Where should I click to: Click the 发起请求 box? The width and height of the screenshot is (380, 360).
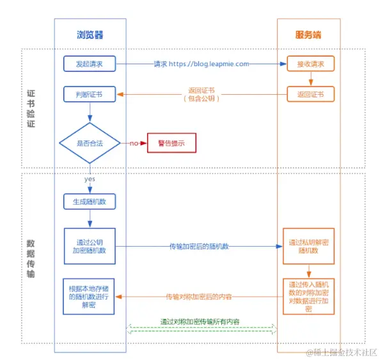coord(90,64)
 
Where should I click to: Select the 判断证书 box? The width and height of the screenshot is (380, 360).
coord(90,95)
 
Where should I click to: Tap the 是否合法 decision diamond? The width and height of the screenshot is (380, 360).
coord(90,143)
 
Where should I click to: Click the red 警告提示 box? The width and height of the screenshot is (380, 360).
coord(171,143)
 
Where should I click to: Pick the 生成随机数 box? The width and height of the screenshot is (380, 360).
coord(90,202)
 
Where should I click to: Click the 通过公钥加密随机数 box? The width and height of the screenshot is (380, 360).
coord(90,246)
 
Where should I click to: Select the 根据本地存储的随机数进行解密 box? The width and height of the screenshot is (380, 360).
coord(90,296)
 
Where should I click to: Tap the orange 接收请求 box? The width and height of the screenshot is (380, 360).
coord(310,64)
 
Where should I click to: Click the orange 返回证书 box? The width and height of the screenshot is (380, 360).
coord(310,94)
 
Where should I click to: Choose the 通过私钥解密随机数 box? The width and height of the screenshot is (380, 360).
coord(308,246)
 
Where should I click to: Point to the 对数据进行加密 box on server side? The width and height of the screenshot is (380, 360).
coord(308,295)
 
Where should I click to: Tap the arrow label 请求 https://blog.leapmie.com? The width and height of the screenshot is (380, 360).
coord(201,64)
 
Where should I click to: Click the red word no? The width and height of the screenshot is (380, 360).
coord(134,143)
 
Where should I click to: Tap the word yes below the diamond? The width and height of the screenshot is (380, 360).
coord(90,179)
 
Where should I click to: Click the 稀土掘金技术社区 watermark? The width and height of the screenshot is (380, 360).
coord(342,352)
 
